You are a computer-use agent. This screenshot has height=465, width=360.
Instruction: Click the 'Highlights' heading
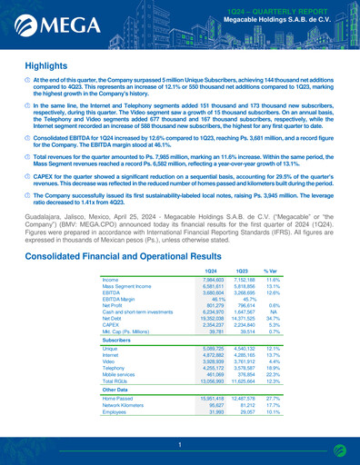[45, 66]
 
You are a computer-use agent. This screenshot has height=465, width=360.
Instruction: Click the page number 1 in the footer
[180, 444]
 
